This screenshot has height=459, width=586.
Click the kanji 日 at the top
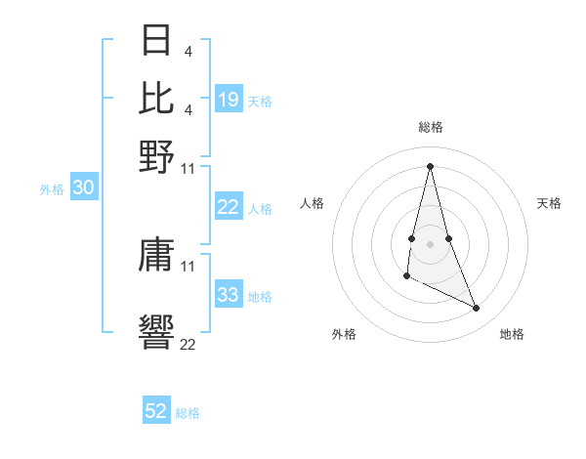(x=157, y=40)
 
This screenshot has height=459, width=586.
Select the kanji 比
(x=157, y=97)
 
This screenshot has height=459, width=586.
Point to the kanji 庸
(x=157, y=257)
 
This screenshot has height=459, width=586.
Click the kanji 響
(x=157, y=330)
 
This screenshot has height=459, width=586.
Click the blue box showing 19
(x=229, y=99)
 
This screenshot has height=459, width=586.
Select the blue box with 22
(x=229, y=207)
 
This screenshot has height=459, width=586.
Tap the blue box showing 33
(x=229, y=295)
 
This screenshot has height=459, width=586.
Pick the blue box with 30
(x=83, y=188)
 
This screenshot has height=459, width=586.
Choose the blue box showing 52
(x=156, y=411)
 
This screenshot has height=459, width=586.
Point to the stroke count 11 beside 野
(x=188, y=168)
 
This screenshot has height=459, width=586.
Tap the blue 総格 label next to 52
(x=188, y=413)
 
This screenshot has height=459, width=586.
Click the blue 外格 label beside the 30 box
(x=52, y=189)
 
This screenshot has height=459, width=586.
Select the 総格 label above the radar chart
(x=431, y=127)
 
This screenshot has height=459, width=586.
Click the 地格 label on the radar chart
(x=512, y=334)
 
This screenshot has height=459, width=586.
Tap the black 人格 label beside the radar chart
(x=313, y=203)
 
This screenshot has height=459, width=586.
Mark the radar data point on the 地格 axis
(x=477, y=309)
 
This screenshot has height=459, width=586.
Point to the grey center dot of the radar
(x=431, y=243)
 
